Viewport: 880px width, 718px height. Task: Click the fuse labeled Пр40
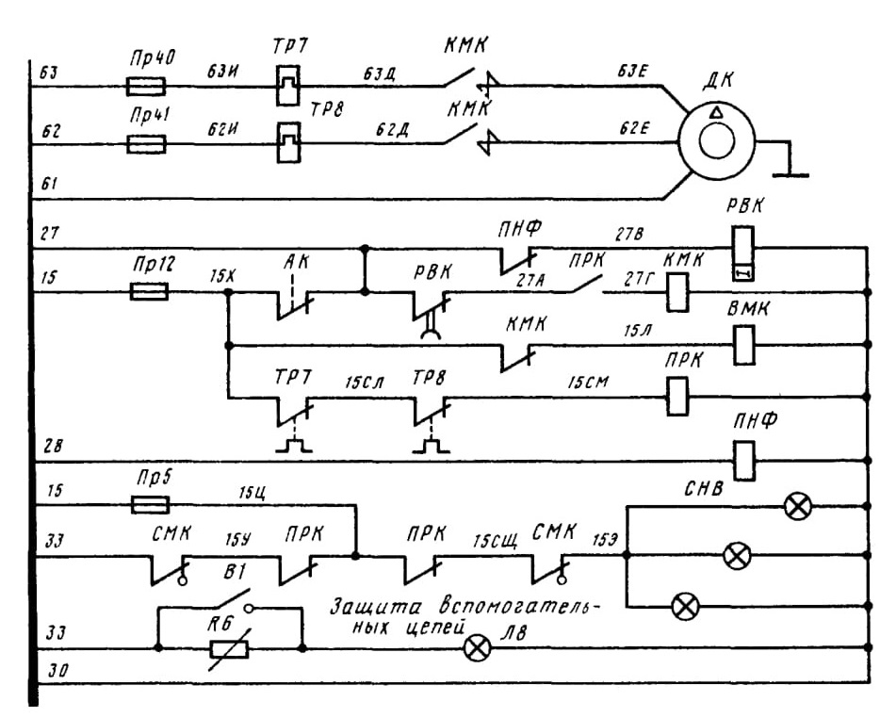pos(146,87)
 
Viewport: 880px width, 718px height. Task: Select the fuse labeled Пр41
pos(146,144)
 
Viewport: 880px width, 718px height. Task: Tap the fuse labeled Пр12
pos(149,291)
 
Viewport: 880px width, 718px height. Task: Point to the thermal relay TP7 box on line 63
pos(288,86)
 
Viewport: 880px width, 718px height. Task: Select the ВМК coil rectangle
pos(743,345)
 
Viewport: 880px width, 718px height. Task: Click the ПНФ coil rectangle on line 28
pos(743,461)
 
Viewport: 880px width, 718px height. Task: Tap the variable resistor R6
pos(229,649)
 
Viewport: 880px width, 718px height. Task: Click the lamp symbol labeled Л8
pos(477,649)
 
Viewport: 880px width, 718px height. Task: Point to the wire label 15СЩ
pos(495,542)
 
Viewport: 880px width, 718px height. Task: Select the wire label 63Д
pos(378,74)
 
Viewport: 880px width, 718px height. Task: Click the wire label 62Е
pos(634,128)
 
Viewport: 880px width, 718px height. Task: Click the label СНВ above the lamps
pos(704,489)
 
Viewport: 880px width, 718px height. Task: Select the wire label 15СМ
pos(588,383)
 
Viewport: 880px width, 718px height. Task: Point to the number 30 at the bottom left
pos(56,671)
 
